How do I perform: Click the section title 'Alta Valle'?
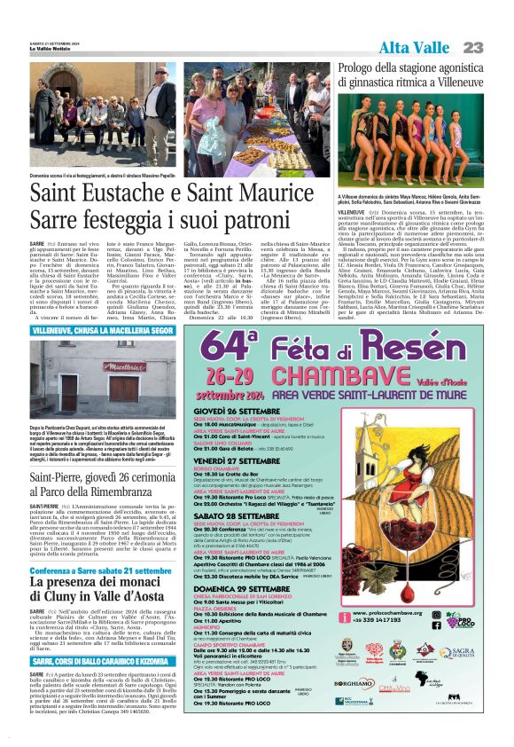[x=416, y=47]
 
